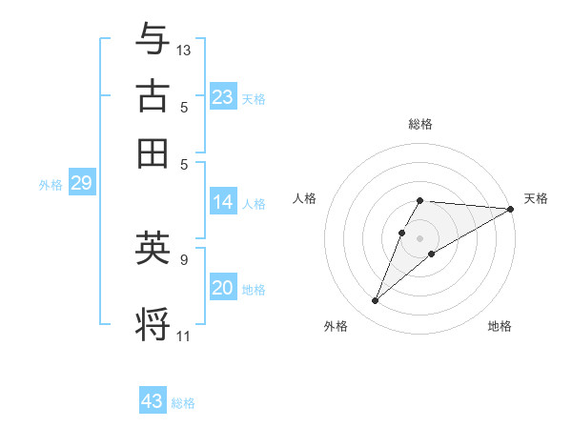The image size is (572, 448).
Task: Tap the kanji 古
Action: click(153, 97)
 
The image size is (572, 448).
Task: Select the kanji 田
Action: click(153, 152)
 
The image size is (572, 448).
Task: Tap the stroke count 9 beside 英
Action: click(183, 258)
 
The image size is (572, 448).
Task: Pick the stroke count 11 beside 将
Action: click(183, 336)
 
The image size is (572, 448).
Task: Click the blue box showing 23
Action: click(222, 97)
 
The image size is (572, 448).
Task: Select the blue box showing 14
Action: click(222, 202)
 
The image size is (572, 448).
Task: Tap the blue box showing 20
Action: click(222, 288)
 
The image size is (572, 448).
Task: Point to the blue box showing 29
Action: click(81, 184)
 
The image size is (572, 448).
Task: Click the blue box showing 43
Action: click(153, 401)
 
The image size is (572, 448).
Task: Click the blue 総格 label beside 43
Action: click(183, 403)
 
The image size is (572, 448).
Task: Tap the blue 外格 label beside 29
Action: click(51, 185)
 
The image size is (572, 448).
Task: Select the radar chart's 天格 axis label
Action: click(536, 198)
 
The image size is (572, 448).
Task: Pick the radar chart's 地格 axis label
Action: click(500, 326)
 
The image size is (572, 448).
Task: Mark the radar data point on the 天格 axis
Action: click(510, 209)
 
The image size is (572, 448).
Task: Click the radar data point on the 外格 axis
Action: click(376, 301)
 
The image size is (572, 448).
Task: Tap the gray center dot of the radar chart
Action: click(420, 237)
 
